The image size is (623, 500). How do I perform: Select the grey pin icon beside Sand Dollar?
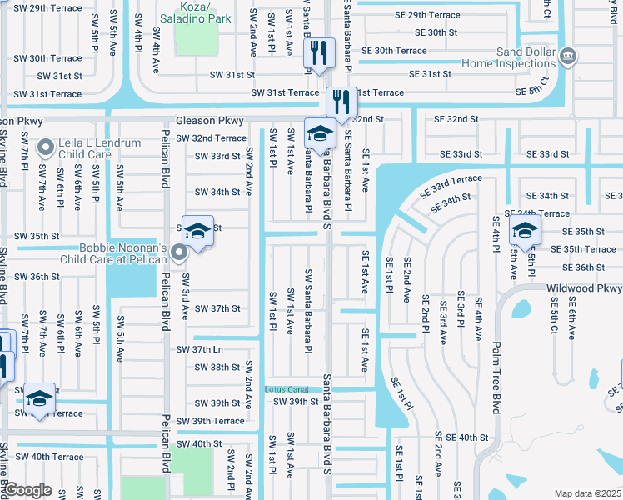568,56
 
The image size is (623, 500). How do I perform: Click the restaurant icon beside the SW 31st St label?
318,52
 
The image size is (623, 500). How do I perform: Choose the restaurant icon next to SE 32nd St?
341,101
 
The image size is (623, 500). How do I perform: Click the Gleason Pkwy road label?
208,120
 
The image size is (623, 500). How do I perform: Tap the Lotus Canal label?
287,389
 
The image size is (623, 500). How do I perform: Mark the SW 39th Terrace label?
211,421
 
